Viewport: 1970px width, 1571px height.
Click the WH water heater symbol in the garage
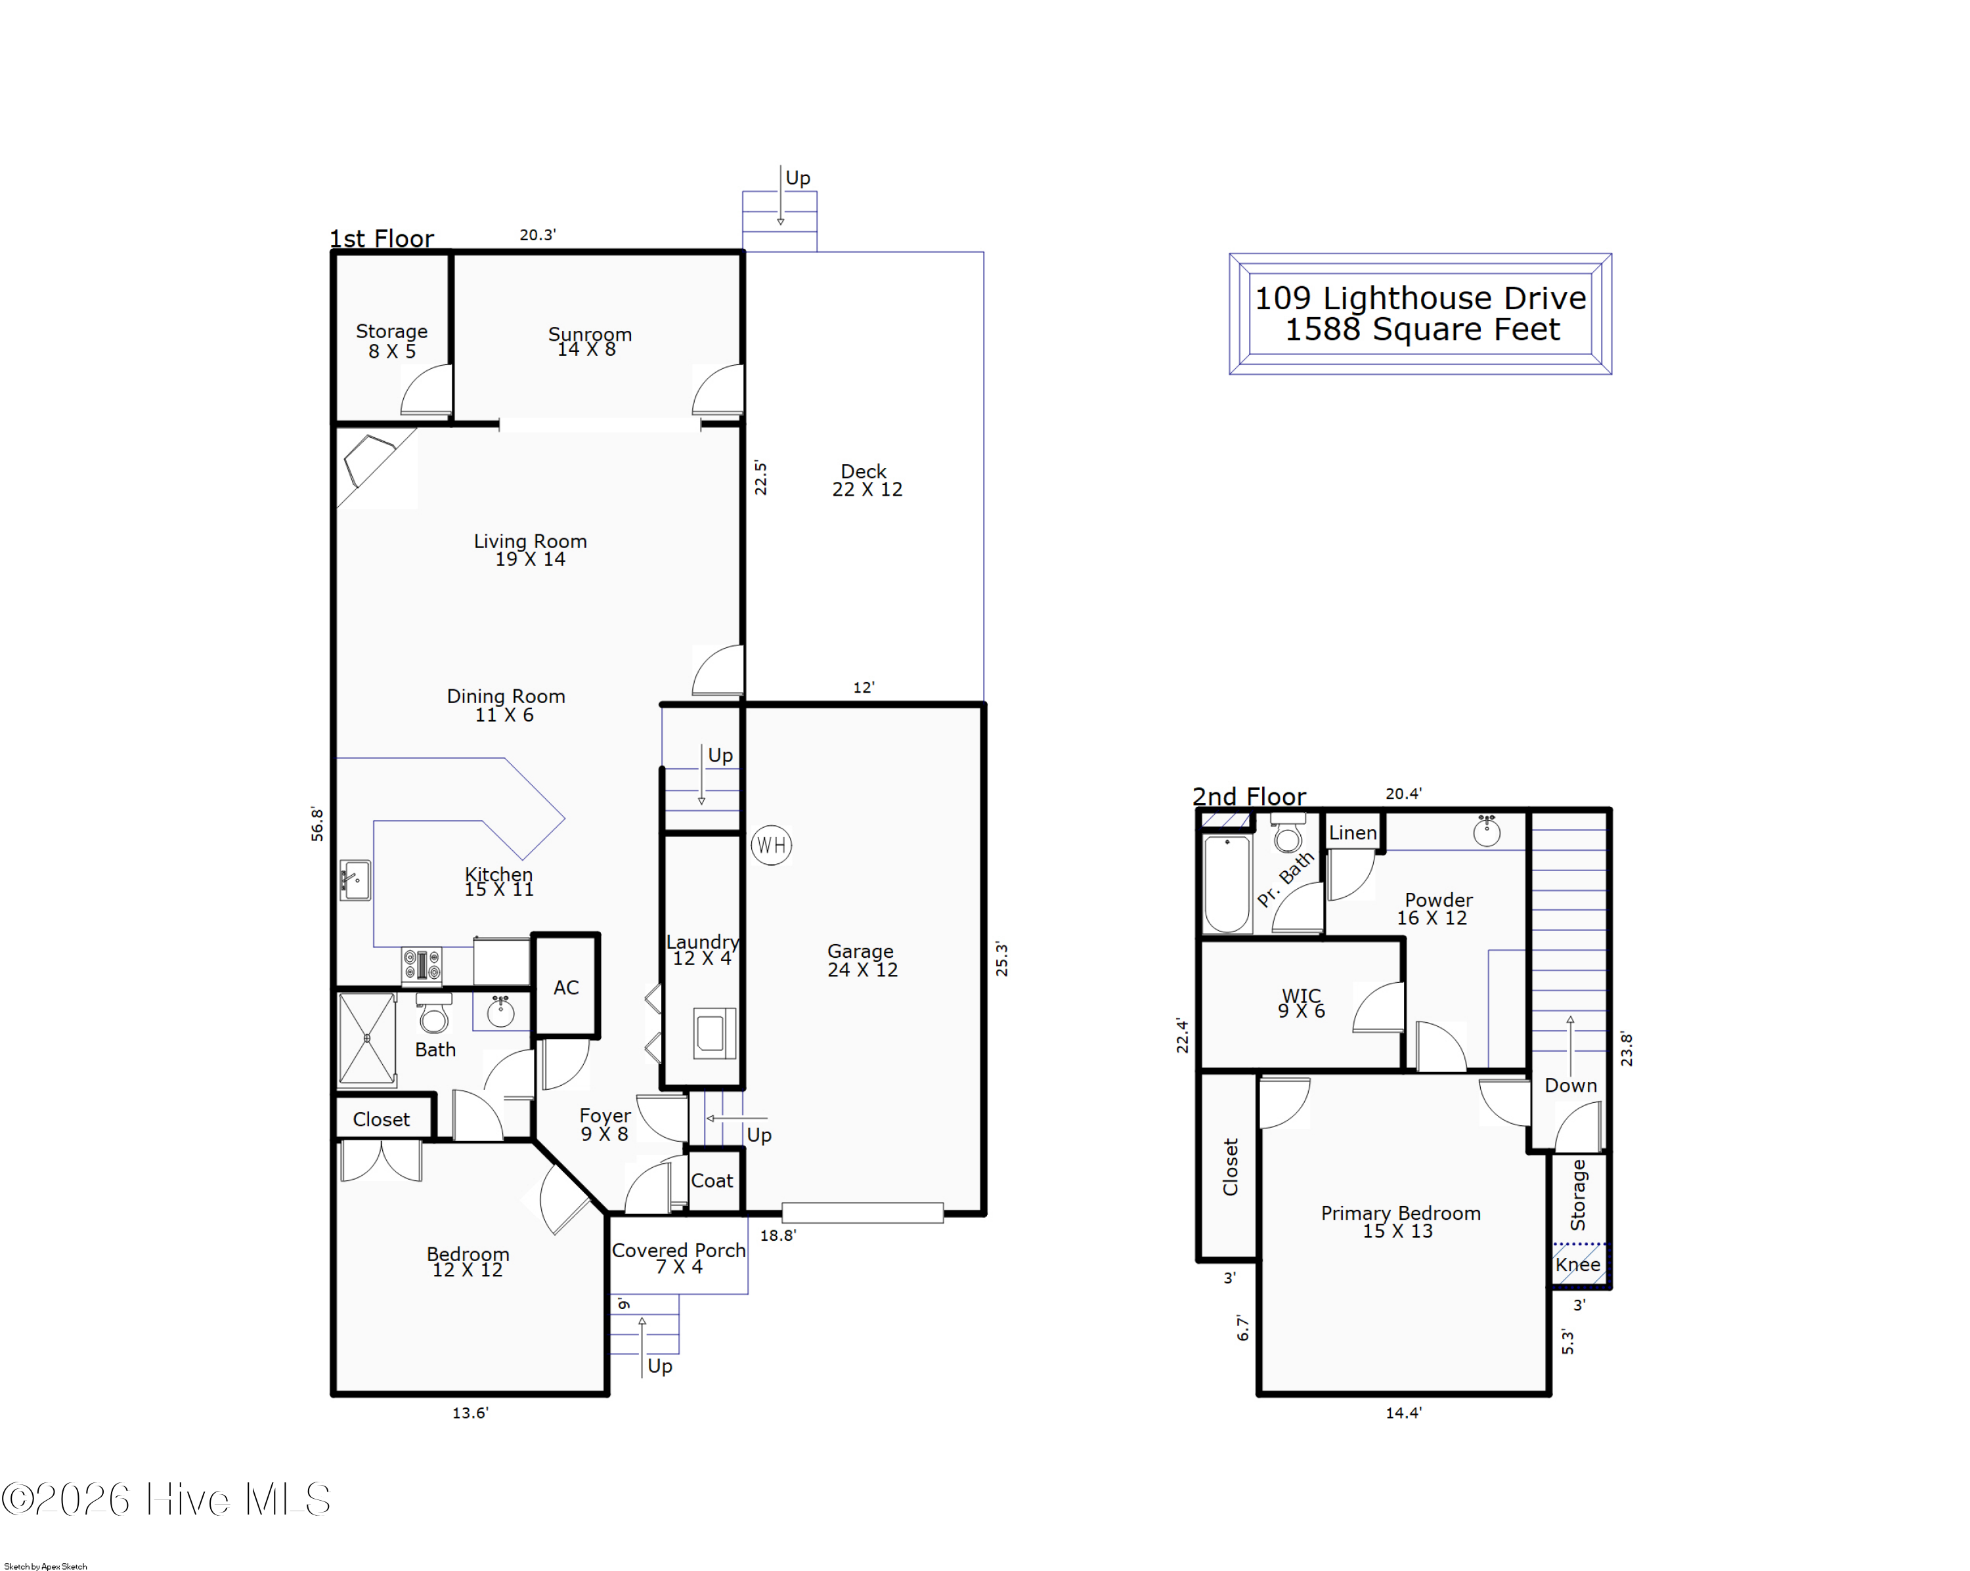click(771, 845)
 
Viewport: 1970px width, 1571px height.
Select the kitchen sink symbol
click(355, 880)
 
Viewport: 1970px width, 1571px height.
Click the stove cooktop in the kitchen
click(422, 964)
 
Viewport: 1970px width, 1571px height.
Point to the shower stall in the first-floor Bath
click(366, 1039)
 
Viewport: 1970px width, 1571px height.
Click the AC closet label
click(565, 987)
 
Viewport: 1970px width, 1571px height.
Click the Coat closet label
click(712, 1180)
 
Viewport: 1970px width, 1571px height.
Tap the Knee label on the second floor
click(1577, 1265)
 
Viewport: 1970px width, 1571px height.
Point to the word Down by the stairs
click(1570, 1085)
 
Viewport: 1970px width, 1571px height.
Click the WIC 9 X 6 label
click(1301, 1002)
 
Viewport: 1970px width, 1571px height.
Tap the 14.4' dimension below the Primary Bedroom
click(1403, 1413)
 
